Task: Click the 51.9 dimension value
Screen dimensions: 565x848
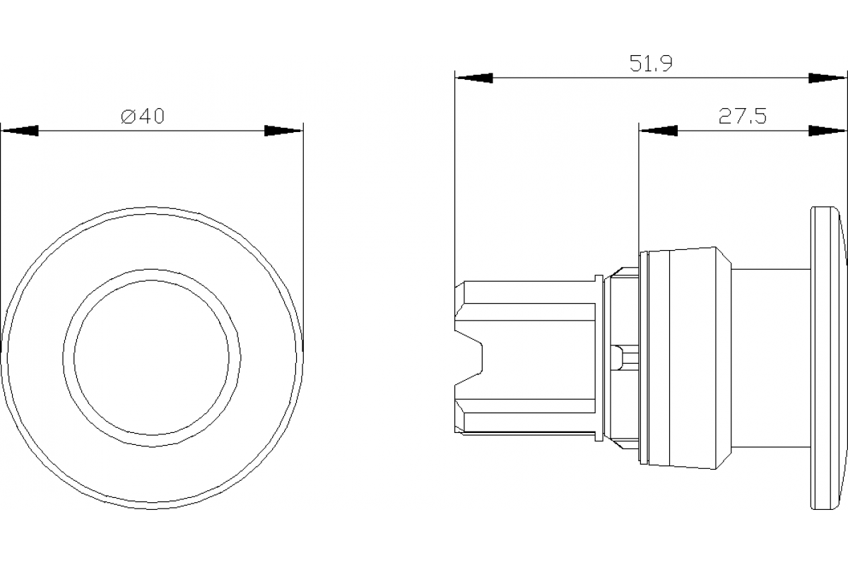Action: point(651,64)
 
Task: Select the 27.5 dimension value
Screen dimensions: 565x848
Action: point(742,117)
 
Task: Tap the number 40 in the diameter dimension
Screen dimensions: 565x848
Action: point(151,117)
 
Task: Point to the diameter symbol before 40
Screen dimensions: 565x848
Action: point(127,117)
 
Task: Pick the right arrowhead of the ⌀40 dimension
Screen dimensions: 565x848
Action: point(283,131)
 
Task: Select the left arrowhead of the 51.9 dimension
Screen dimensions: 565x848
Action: point(474,78)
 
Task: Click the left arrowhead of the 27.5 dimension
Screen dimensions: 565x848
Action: point(657,131)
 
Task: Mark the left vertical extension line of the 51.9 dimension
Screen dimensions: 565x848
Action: point(456,177)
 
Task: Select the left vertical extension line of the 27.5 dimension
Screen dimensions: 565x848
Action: point(639,191)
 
